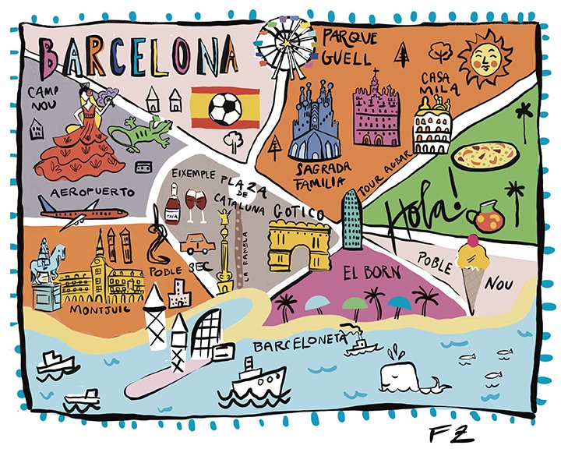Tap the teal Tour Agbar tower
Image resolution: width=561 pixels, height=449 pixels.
353,219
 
